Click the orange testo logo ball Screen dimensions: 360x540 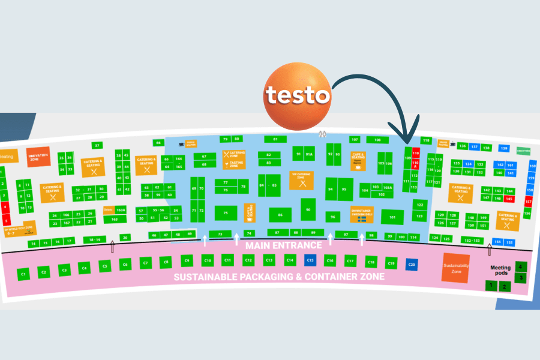tap(298, 95)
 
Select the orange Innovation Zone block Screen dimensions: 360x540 tap(38, 157)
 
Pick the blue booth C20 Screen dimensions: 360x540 tap(411, 265)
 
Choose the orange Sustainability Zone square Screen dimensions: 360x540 tap(455, 267)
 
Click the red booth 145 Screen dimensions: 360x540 tap(509, 198)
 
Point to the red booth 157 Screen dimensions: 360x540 tap(529, 202)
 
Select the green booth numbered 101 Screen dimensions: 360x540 tap(392, 217)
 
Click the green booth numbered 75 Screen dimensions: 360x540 tap(226, 213)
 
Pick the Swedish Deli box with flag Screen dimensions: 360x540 tap(362, 214)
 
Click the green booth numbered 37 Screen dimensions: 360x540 tap(97, 145)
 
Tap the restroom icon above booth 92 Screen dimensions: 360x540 tap(323, 134)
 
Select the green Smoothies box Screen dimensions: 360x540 tap(523, 151)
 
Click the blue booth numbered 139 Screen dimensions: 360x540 tap(504, 148)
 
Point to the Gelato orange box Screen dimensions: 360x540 tap(108, 210)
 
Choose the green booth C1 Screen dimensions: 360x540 tap(24, 274)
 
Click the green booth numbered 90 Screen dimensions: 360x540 tap(308, 209)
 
